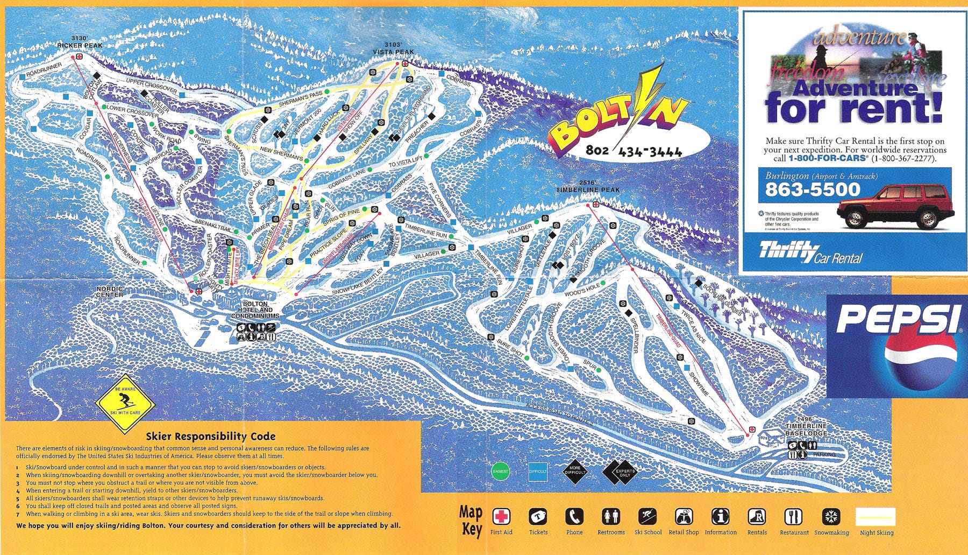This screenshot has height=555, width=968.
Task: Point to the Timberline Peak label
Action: [x=588, y=187]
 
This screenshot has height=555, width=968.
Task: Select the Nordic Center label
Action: [x=110, y=292]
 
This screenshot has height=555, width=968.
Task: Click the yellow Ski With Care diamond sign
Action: [x=125, y=403]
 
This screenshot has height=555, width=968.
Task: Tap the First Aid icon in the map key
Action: [x=501, y=517]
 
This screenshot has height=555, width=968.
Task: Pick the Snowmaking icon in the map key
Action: [x=830, y=517]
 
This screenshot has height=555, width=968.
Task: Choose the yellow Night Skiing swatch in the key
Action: [x=877, y=517]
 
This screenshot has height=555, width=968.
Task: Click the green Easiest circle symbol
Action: [x=500, y=471]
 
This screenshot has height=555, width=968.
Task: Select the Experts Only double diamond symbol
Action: [x=618, y=472]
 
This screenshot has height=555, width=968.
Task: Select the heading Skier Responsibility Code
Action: [x=210, y=437]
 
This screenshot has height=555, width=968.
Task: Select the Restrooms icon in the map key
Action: [x=611, y=517]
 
